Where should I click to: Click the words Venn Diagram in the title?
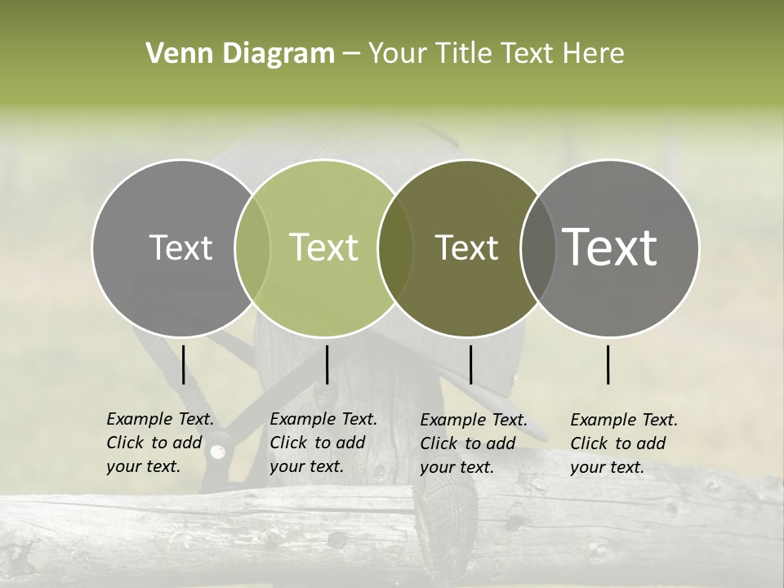240,54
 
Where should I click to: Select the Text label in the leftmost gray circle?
180,247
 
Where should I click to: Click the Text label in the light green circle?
324,247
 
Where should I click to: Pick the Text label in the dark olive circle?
466,247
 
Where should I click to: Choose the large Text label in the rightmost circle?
610,247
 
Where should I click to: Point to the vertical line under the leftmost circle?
183,364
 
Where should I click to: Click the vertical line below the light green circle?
327,364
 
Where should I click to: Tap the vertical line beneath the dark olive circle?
470,364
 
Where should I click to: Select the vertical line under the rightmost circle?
608,364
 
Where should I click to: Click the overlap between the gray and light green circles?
253,247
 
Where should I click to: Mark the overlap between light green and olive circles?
396,247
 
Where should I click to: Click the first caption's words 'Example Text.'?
160,419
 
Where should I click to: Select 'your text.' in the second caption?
306,466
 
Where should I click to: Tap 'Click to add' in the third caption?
468,443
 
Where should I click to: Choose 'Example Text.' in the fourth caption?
624,420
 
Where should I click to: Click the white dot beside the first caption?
217,451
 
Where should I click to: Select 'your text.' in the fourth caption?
607,467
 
